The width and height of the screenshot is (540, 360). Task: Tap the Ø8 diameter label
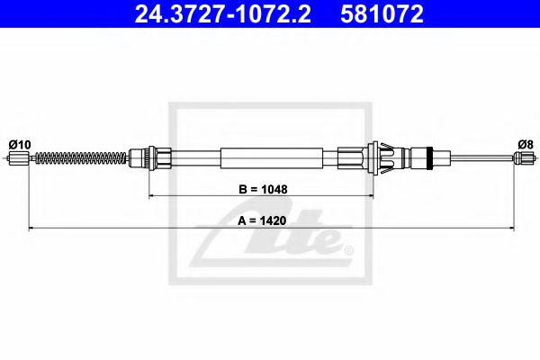pos(525,144)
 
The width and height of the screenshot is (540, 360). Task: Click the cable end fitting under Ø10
pos(20,160)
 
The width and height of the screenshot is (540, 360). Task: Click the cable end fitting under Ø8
pos(523,160)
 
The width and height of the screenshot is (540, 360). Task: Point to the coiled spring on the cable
pos(80,160)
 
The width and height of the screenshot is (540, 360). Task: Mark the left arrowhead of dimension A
pos(32,229)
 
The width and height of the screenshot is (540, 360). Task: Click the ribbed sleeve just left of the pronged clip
pos(351,159)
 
